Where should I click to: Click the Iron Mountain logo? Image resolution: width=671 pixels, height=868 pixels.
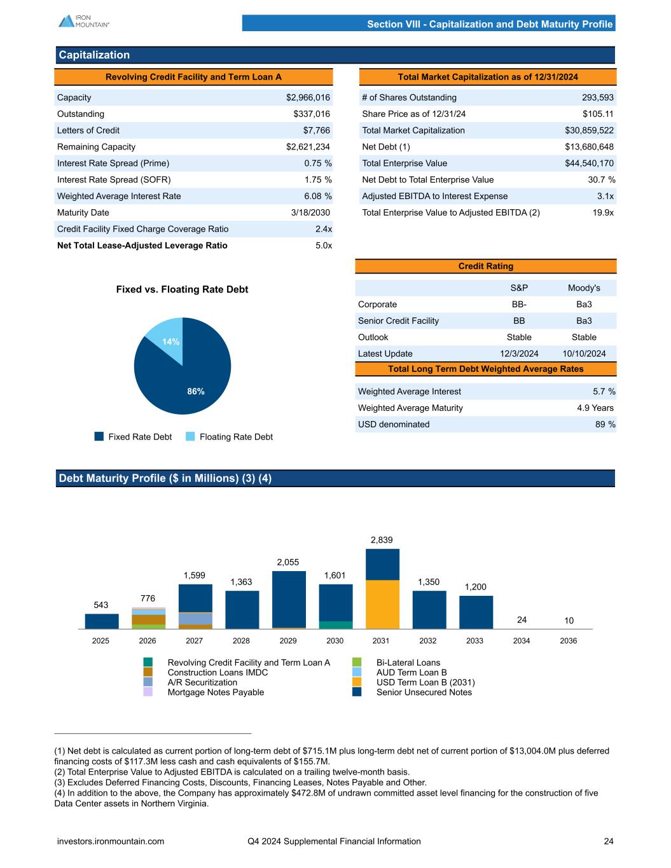(x=84, y=21)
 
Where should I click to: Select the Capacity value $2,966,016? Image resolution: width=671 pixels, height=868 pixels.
(x=308, y=97)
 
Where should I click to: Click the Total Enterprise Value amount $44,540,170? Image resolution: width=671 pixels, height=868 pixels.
(x=589, y=163)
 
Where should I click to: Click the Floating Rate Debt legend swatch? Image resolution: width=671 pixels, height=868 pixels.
(x=191, y=436)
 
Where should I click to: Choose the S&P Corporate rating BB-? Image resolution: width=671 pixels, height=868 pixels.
(x=518, y=304)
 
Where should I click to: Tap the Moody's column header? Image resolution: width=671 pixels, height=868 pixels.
(x=583, y=288)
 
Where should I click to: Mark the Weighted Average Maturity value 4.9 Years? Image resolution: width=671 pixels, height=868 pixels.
(x=595, y=408)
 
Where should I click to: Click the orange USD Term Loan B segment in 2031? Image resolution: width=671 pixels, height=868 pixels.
(x=382, y=604)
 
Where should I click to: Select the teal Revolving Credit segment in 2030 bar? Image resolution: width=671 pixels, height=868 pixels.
(x=336, y=624)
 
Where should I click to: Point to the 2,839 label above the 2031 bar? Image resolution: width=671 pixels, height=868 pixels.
(x=382, y=540)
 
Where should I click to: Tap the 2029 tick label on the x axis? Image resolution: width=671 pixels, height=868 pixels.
(x=288, y=640)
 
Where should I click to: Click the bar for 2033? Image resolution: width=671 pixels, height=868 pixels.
(x=476, y=612)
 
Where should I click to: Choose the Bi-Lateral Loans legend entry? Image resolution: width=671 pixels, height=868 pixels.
(x=408, y=663)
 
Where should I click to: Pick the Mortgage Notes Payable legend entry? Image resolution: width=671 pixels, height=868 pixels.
(x=216, y=692)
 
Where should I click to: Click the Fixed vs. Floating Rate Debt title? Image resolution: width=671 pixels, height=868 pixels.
(x=182, y=289)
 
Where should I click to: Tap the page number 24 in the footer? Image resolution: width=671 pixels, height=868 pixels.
(x=609, y=841)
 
